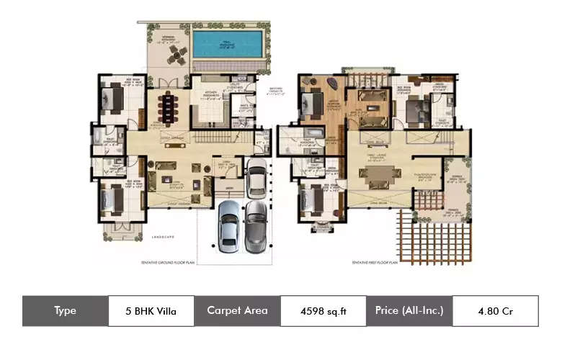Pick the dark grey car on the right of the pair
tap(255, 225)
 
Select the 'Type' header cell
tap(65, 311)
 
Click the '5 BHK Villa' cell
tap(151, 311)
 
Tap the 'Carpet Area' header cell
tap(237, 311)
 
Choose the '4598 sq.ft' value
tap(324, 311)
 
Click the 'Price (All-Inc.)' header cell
tap(409, 311)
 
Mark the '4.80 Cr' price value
tap(495, 311)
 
